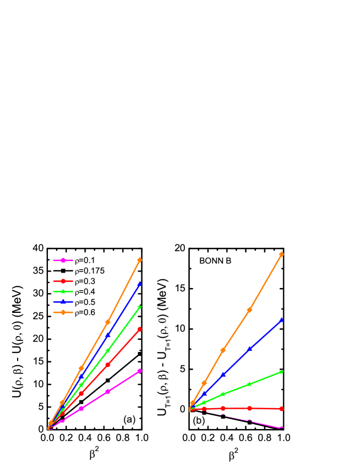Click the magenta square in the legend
tap(63, 260)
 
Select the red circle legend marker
tap(63, 281)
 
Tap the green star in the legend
tap(63, 291)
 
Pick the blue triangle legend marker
tap(63, 302)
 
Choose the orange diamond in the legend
tap(63, 312)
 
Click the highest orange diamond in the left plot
tap(139, 260)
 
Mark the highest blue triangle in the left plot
tap(139, 284)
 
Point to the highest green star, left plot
tap(139, 307)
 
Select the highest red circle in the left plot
tap(139, 329)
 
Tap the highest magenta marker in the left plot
tap(139, 371)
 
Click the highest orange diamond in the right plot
tap(281, 254)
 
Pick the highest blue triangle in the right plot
tap(281, 319)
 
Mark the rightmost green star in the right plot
tap(281, 372)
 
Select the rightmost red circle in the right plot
tap(281, 409)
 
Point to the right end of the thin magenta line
tap(281, 428)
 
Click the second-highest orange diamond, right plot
tap(249, 310)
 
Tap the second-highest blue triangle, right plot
tap(249, 349)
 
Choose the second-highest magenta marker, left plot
tap(108, 391)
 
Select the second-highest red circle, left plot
tap(108, 365)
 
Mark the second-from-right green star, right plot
tap(249, 384)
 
